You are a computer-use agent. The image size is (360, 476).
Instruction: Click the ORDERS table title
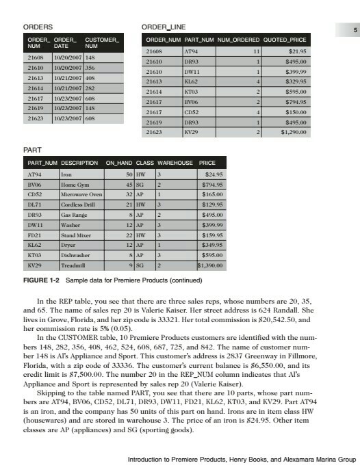(x=38, y=26)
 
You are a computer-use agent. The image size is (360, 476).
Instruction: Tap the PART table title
(x=32, y=150)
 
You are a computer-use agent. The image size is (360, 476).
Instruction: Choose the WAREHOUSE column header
(x=175, y=164)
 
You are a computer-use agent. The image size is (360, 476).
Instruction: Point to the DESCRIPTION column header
(x=80, y=164)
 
